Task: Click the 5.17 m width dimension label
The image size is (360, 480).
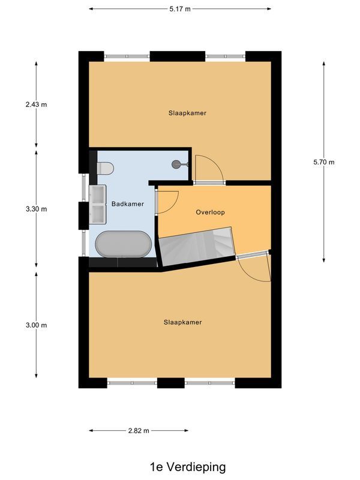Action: tap(179, 9)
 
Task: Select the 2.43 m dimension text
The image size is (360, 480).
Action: tap(36, 104)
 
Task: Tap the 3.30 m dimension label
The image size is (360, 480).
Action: tap(36, 209)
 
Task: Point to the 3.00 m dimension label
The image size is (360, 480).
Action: tap(36, 325)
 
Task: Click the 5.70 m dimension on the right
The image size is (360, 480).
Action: tap(324, 162)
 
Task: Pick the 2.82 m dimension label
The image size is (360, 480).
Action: tap(139, 431)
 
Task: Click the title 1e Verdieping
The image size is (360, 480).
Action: tap(179, 466)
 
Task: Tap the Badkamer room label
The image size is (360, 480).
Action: tap(128, 204)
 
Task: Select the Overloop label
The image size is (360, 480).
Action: tap(211, 212)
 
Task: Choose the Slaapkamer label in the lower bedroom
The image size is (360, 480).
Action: tap(183, 322)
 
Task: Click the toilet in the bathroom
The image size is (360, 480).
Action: tap(104, 168)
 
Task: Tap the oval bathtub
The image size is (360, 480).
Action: tap(124, 244)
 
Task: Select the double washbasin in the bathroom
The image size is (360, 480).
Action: tap(97, 204)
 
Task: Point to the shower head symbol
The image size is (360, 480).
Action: tap(176, 164)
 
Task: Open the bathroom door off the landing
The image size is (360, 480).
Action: tap(167, 202)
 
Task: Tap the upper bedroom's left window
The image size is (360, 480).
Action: tap(127, 56)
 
